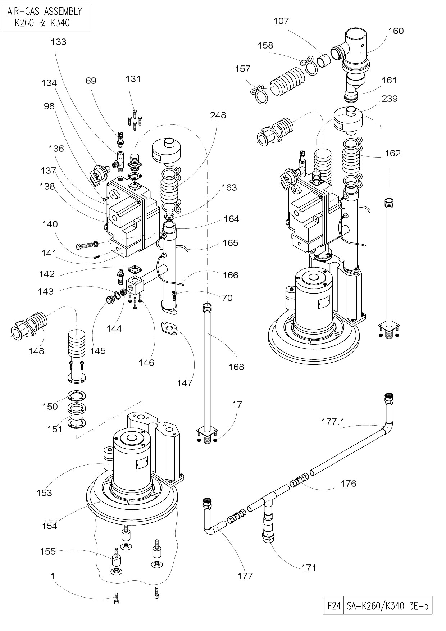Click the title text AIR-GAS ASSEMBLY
(45, 11)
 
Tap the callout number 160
(396, 31)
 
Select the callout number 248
(218, 115)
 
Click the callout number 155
(48, 551)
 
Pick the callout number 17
(237, 404)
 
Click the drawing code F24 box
(334, 606)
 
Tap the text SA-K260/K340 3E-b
(387, 606)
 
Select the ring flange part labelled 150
(76, 395)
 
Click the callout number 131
(133, 79)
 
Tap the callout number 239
(390, 99)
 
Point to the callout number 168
(236, 367)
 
